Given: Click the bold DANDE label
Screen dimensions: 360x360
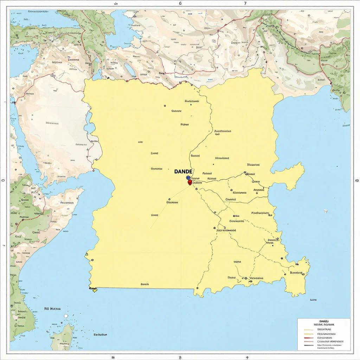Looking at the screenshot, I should coord(183,171).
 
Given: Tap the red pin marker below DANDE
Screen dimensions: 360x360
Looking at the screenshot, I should coord(190,182).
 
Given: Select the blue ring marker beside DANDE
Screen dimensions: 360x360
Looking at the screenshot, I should coord(188,178).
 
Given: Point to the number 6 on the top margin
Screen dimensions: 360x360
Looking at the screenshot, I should coord(180,3).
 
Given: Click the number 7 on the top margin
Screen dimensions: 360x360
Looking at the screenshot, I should coord(245,3).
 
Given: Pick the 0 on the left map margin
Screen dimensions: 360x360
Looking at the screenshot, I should coord(3,181).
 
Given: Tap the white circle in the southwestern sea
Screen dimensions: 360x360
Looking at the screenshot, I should coord(66,316).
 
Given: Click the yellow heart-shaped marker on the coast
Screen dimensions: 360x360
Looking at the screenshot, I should coord(94,290).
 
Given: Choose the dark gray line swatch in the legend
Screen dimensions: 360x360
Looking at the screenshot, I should coord(308,345).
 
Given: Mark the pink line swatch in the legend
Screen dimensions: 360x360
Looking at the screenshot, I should coord(308,341).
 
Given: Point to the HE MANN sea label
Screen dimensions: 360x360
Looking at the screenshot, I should coord(52,309).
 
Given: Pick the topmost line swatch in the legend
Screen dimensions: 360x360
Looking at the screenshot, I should coord(308,330).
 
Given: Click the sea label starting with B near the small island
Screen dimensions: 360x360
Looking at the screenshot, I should coord(100,335).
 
